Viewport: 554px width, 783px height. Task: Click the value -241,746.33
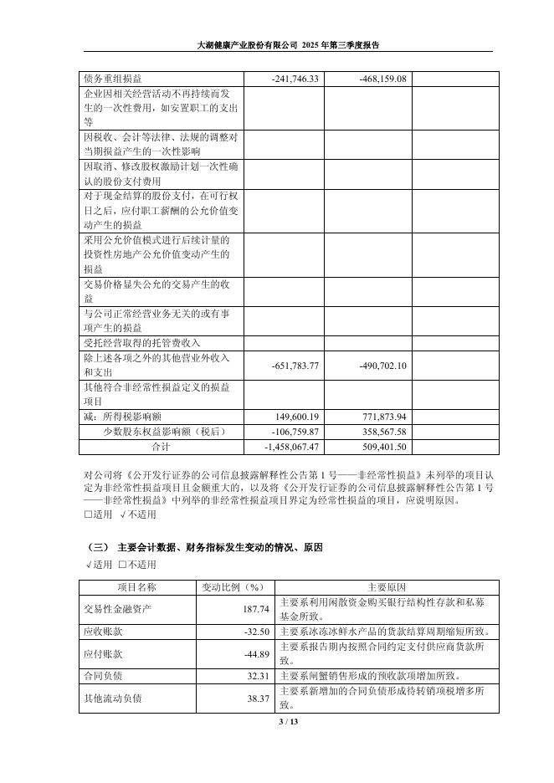296,78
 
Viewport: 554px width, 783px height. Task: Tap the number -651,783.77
296,366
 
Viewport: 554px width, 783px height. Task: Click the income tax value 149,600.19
298,416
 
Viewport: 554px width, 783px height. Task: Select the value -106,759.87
296,431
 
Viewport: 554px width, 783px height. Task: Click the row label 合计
160,447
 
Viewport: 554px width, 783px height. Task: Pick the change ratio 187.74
255,609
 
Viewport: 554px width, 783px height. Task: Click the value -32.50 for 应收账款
255,632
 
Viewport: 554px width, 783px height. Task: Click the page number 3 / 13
276,721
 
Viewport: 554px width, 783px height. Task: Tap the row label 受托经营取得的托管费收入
142,342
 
